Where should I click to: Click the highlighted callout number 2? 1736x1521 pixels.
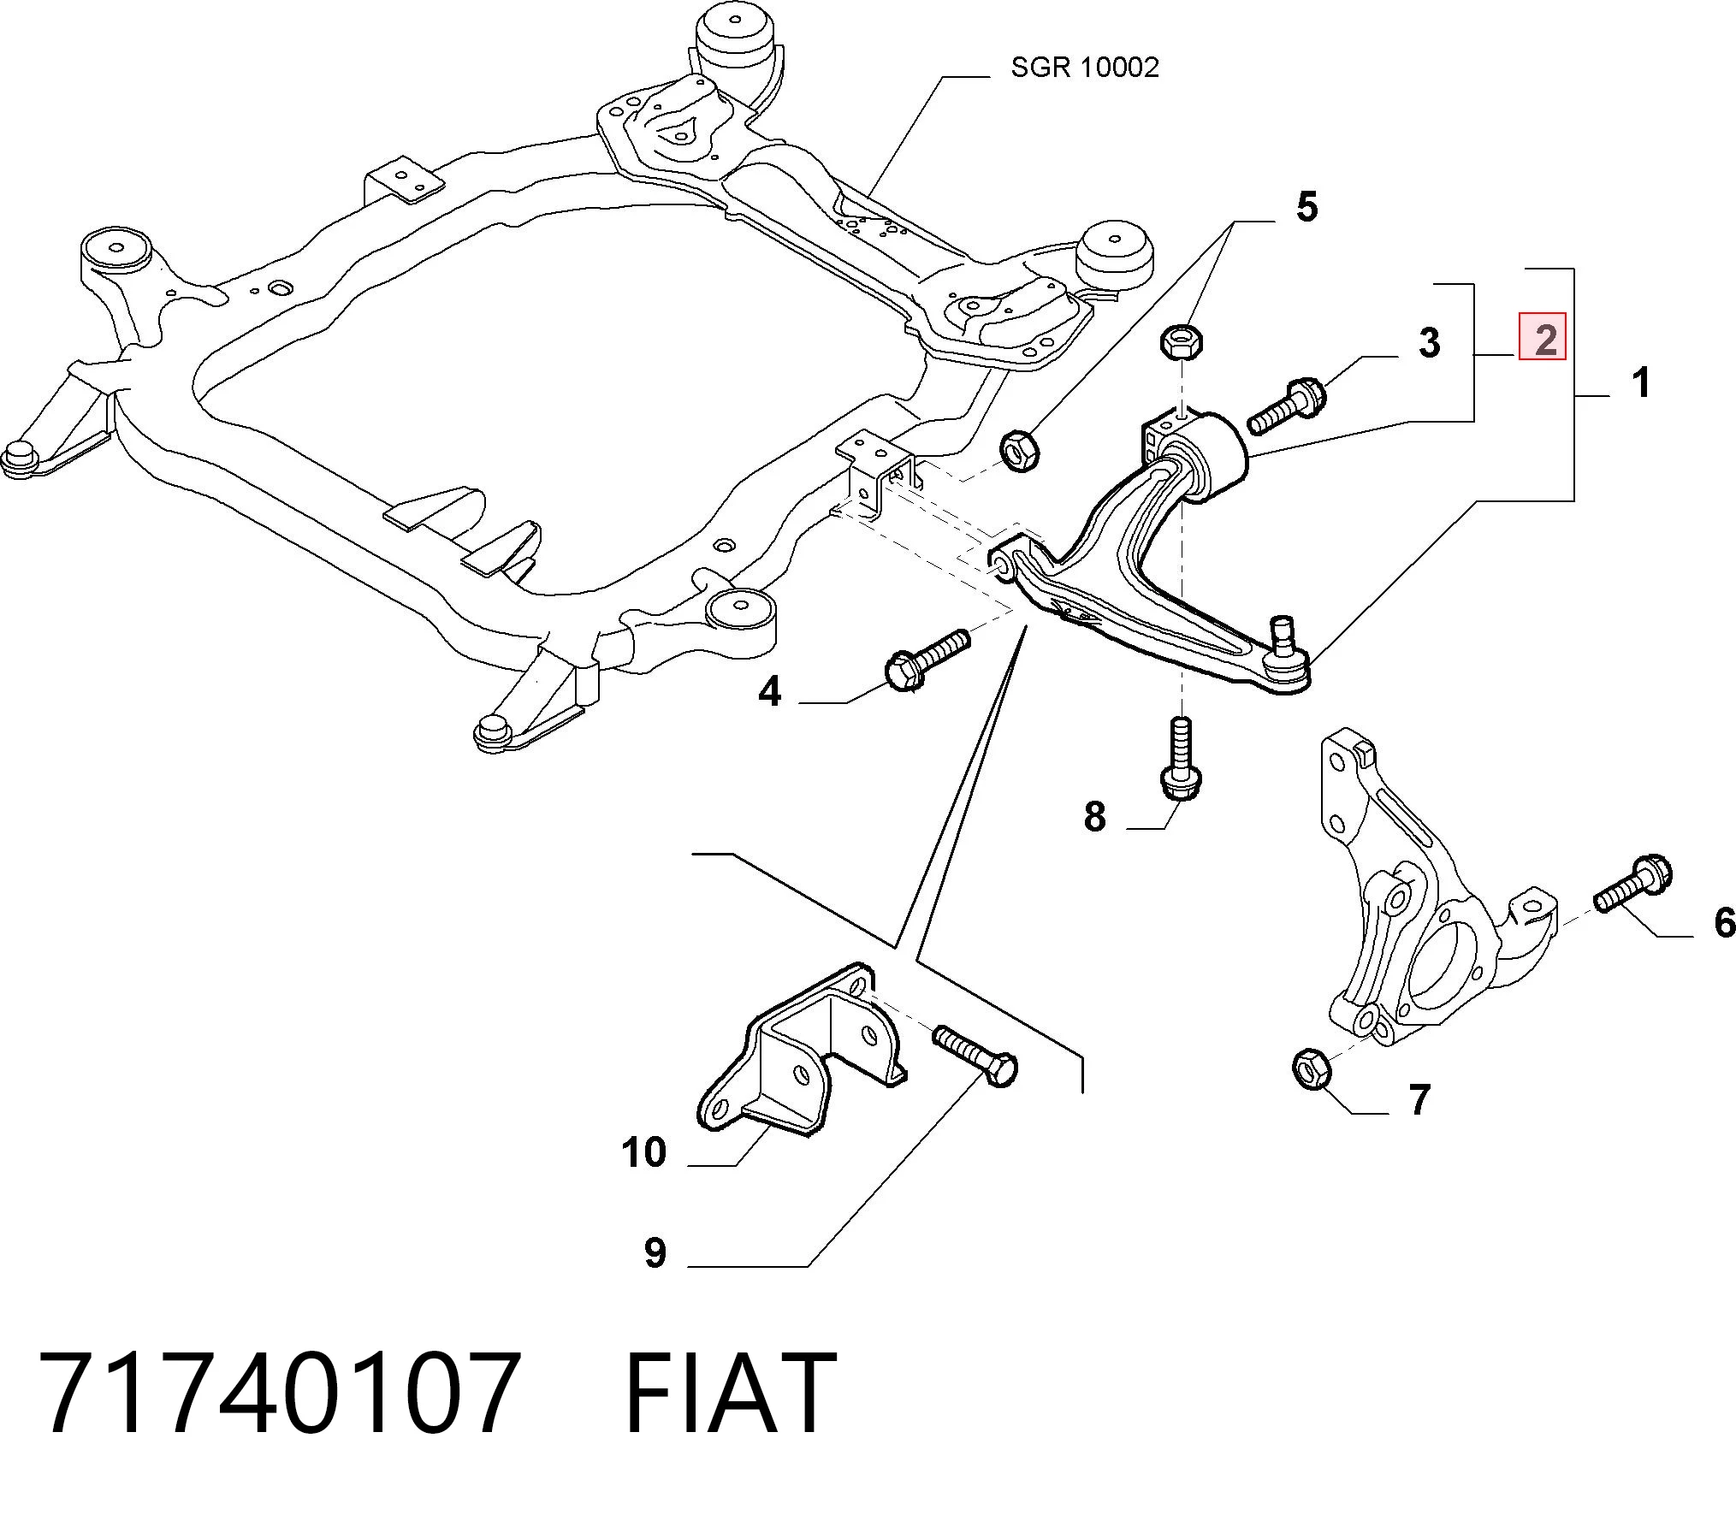[1543, 336]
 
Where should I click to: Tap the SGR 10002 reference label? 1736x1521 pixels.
[1085, 67]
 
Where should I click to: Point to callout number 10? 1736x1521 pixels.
[643, 1152]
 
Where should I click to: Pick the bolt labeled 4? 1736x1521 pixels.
[927, 660]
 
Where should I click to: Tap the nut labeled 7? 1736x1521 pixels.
[1310, 1068]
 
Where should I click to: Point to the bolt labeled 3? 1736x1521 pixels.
[1287, 405]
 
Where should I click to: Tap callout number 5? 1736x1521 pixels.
[1306, 208]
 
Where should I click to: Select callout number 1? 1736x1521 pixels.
[1640, 382]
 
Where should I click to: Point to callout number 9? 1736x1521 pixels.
[655, 1252]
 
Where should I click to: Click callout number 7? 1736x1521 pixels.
[1419, 1100]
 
